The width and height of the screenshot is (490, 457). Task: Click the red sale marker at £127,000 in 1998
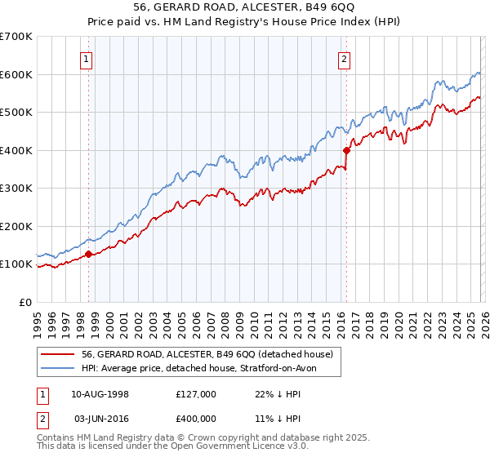pos(88,254)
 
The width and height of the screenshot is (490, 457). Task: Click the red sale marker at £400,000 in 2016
pos(346,150)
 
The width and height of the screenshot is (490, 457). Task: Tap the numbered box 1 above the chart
pos(86,59)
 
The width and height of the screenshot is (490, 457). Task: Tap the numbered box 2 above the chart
pos(345,59)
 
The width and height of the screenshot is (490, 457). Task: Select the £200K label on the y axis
pos(16,226)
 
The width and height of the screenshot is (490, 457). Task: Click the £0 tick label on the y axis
pos(26,302)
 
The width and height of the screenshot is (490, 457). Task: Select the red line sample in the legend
pos(57,354)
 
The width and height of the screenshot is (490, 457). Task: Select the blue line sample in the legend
pos(57,368)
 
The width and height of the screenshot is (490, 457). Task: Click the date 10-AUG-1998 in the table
pos(95,394)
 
